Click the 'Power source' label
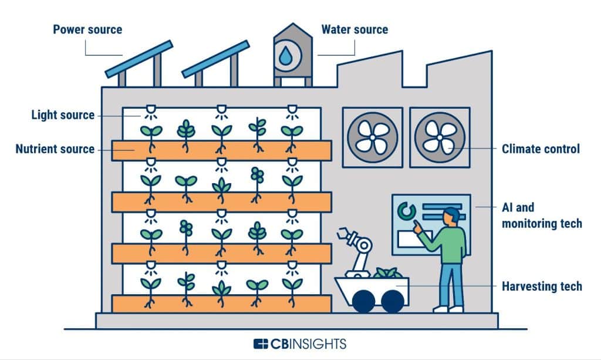pyautogui.click(x=87, y=29)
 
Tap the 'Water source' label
pyautogui.click(x=354, y=29)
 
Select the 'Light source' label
pyautogui.click(x=63, y=115)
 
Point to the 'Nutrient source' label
pyautogui.click(x=55, y=149)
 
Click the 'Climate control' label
pyautogui.click(x=541, y=149)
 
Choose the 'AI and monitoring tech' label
pyautogui.click(x=541, y=216)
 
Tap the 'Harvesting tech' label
pyautogui.click(x=541, y=286)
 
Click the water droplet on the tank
pyautogui.click(x=285, y=56)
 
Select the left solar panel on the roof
pyautogui.click(x=140, y=59)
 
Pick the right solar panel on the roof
pyautogui.click(x=215, y=59)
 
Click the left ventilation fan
pyautogui.click(x=372, y=137)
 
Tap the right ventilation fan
pyautogui.click(x=440, y=137)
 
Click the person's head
pyautogui.click(x=451, y=216)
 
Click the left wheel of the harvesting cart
pyautogui.click(x=364, y=301)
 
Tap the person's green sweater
pyautogui.click(x=448, y=244)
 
